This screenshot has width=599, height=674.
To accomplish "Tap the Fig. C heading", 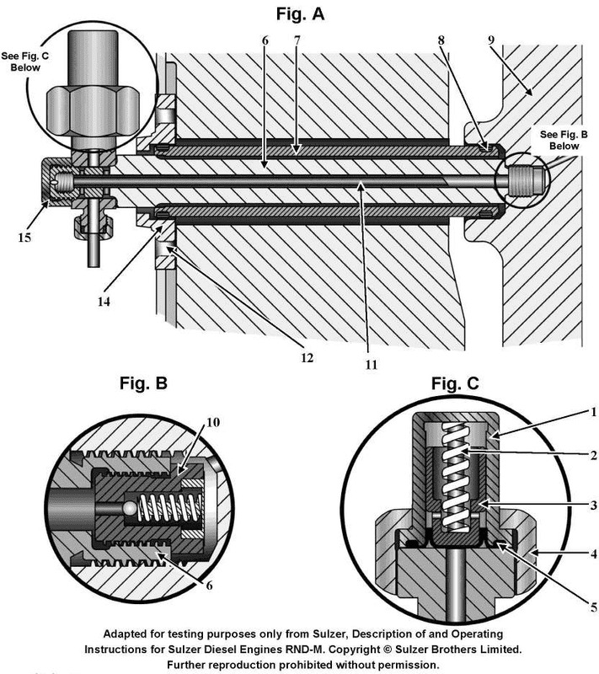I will click(455, 384).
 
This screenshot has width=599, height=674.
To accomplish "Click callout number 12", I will click(305, 356).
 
